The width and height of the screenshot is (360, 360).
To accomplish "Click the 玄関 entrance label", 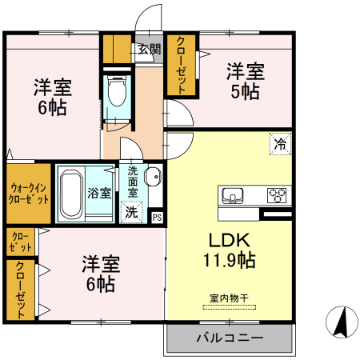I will [148, 50].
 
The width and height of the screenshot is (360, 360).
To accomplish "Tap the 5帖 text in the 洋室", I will [245, 92].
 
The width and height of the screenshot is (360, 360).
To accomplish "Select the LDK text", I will [230, 240].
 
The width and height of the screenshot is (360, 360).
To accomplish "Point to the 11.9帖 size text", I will [230, 260].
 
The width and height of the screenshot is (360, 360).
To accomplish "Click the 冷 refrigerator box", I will [280, 145].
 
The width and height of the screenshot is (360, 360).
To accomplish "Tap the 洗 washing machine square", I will [130, 213].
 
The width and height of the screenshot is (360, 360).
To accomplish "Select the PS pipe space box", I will [157, 215].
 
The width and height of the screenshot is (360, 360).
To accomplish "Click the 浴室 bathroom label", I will [99, 193].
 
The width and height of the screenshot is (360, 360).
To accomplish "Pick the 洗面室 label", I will [133, 182].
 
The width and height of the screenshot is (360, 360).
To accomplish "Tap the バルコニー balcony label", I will [229, 338].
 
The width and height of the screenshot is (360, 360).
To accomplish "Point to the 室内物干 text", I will [229, 298].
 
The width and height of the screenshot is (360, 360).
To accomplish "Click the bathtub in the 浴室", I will [70, 193].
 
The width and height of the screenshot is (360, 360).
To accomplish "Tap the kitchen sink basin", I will [234, 194].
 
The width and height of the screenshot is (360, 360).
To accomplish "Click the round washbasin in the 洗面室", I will [154, 179].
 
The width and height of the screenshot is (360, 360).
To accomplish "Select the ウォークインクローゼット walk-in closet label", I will [28, 193].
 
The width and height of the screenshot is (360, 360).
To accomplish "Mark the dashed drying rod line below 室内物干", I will [229, 306].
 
